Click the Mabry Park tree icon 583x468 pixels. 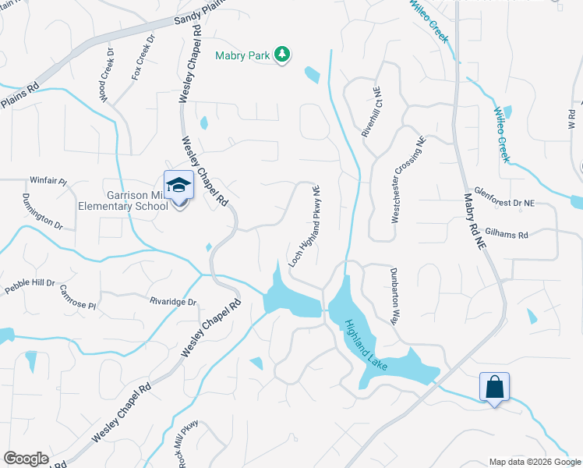coord(284,55)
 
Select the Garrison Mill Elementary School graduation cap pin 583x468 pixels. coord(178,185)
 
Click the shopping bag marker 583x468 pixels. coord(495,386)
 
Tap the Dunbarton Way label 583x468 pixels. coord(394,296)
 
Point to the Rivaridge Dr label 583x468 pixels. coord(172,300)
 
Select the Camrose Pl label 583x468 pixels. coord(77,297)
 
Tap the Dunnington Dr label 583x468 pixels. coord(42,211)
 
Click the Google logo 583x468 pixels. coord(26,459)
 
